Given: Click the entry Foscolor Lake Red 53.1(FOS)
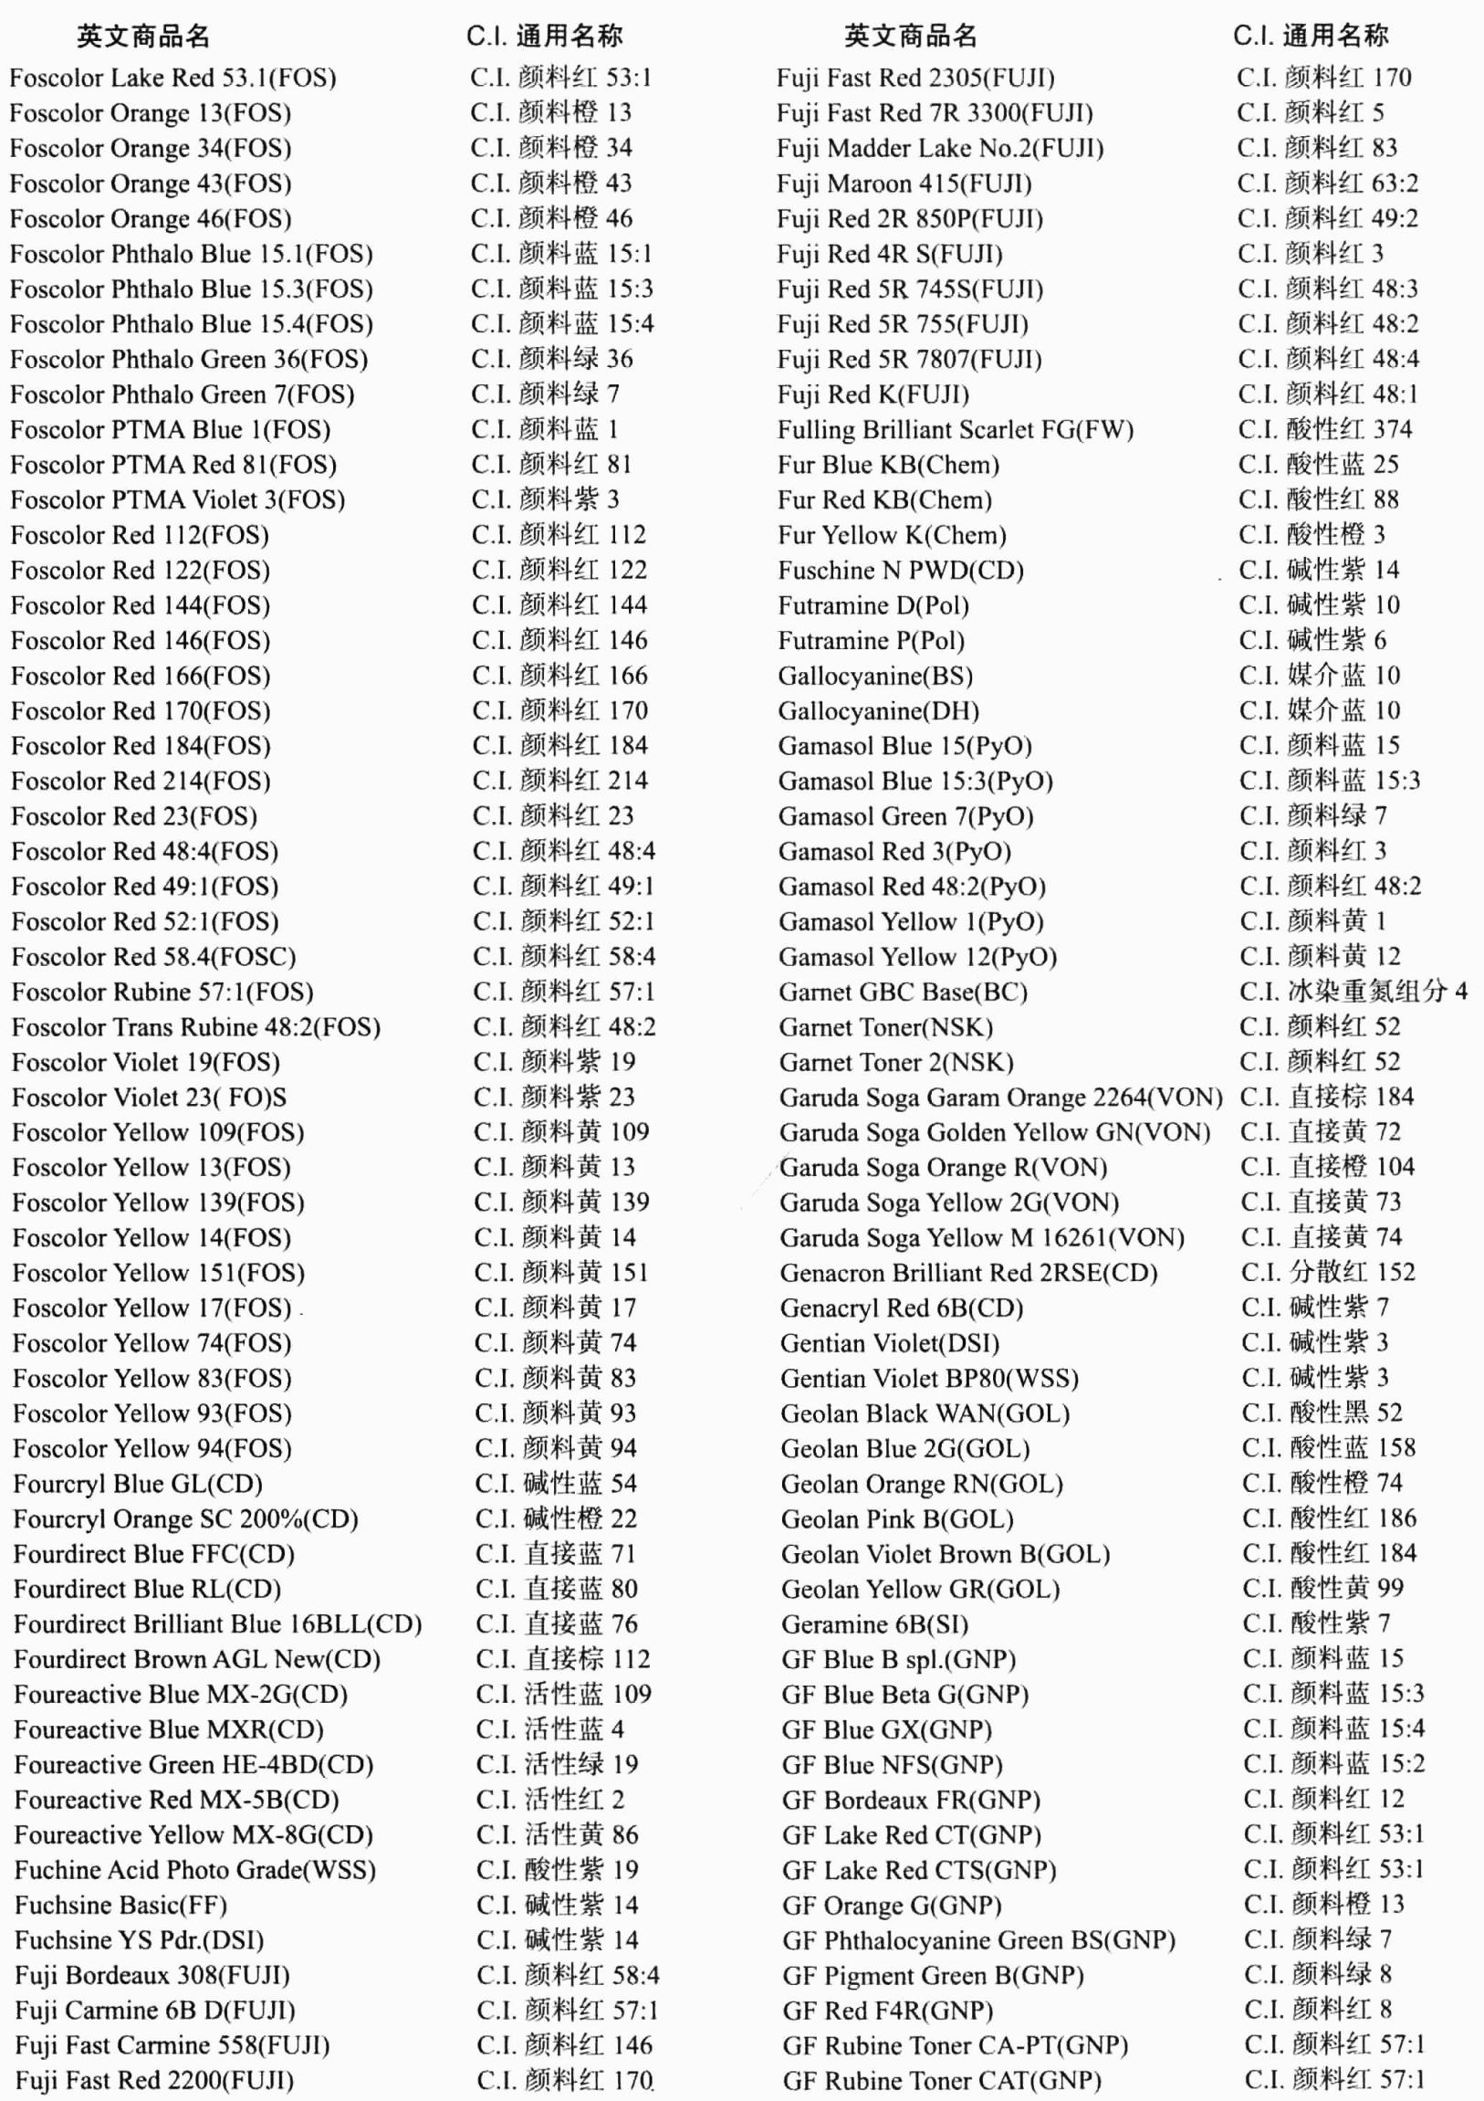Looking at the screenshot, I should coord(172,78).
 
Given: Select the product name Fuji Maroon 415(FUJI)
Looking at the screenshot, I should coord(904,184).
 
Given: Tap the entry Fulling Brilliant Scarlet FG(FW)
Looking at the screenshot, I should coord(956,430).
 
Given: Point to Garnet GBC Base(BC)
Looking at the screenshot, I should coord(903,993).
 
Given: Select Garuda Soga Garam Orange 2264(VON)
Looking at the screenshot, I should coord(1001,1098).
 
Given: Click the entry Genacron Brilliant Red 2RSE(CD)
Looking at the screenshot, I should coord(968,1274).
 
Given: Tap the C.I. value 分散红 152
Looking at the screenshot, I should coord(1328,1273).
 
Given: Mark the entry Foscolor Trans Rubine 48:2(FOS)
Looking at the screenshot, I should coord(196,1027).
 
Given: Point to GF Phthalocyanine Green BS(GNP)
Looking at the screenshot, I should coord(978,1941).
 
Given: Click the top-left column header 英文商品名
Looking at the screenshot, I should coord(143,37).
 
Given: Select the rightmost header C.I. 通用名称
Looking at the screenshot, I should coord(1311,37).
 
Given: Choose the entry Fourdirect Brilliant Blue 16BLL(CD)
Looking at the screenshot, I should coord(218,1625).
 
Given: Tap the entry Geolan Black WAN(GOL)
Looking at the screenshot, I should coord(925,1414).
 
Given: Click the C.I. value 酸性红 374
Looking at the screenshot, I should coord(1325,429).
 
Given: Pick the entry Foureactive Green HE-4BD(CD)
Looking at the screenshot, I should coord(194,1765).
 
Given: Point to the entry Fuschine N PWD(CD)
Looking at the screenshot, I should coord(900,571).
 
